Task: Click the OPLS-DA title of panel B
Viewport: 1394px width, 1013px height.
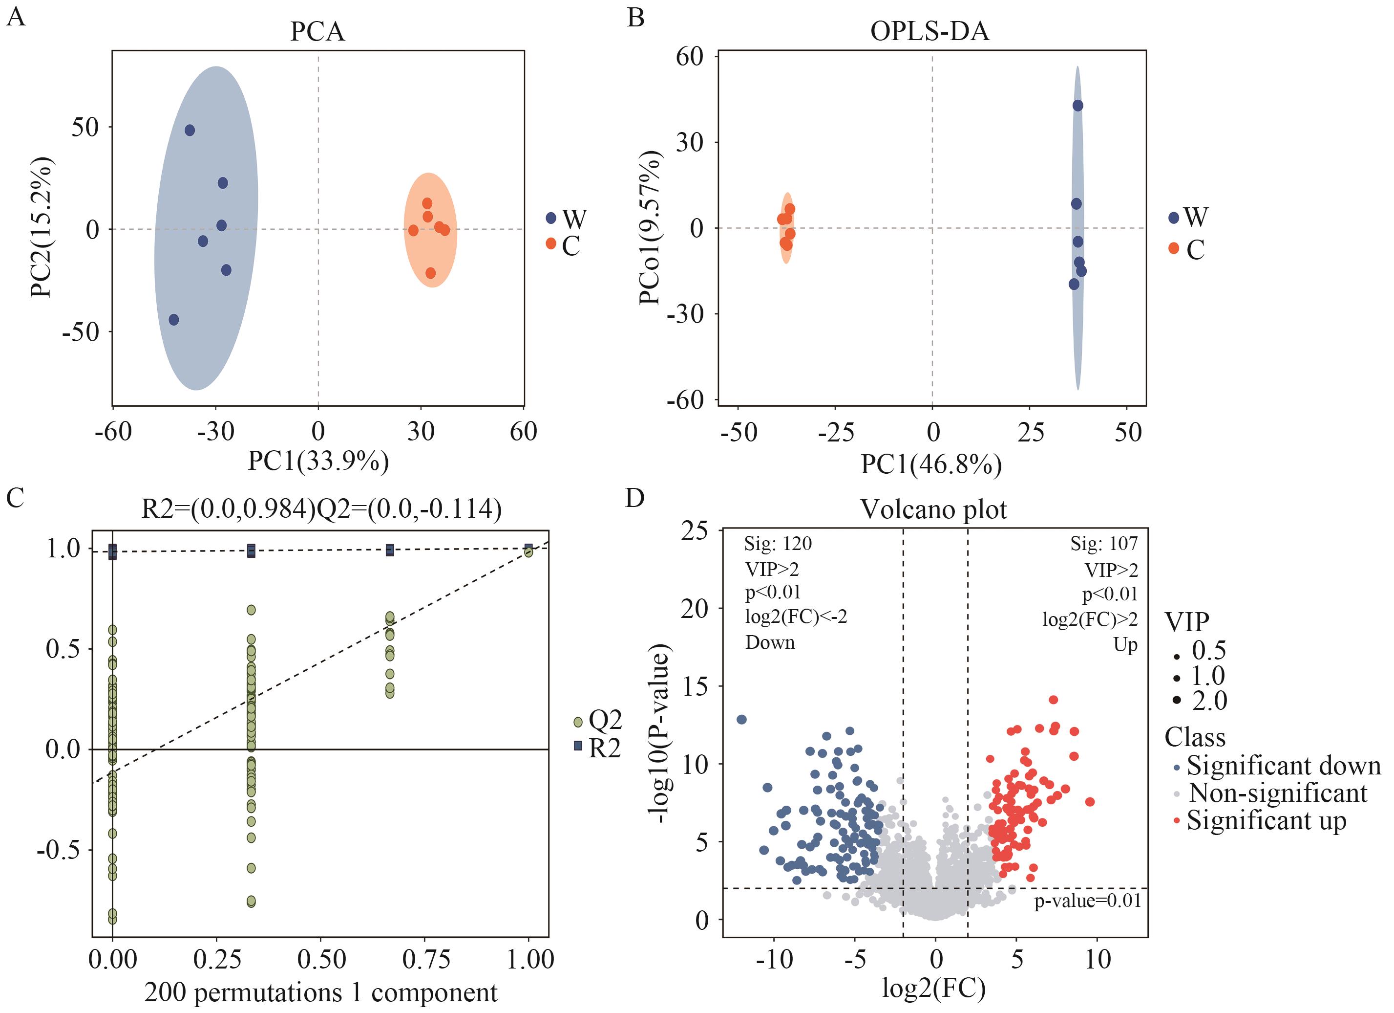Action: (x=929, y=31)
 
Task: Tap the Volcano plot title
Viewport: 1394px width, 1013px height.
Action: (x=933, y=509)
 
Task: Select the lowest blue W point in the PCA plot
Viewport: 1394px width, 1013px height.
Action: (x=174, y=320)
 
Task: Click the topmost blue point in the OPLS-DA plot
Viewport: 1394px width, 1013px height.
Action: (x=1077, y=106)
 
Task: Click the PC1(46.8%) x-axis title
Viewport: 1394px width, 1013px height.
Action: (x=930, y=464)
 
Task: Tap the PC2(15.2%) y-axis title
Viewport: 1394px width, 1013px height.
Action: (x=42, y=227)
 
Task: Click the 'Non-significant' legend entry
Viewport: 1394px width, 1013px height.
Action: (x=1277, y=793)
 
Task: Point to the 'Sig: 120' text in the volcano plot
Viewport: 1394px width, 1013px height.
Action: (x=778, y=544)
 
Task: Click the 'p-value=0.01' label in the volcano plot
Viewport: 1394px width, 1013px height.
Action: (x=1087, y=901)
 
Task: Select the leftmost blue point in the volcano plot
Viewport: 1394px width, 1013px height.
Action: (x=741, y=720)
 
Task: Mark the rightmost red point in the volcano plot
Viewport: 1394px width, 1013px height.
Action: (x=1090, y=801)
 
